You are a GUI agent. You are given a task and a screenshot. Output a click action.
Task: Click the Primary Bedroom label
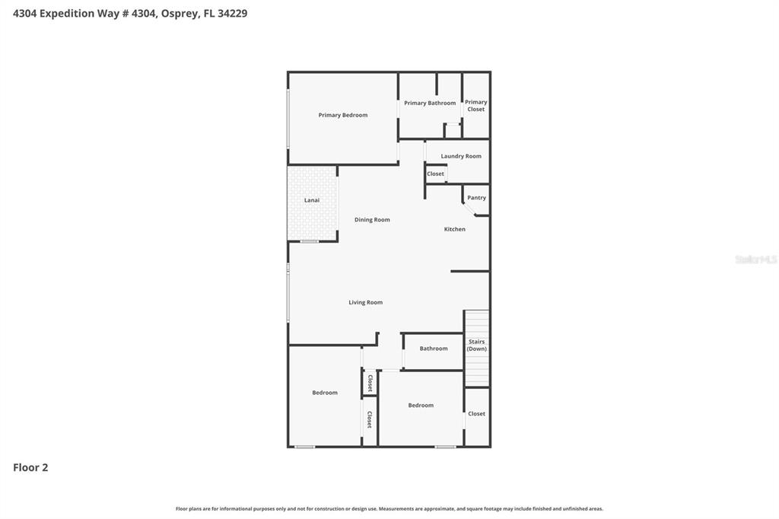coord(342,115)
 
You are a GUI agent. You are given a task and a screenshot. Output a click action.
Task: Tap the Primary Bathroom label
coord(430,103)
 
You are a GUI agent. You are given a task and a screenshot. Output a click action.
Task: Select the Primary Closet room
coord(476,106)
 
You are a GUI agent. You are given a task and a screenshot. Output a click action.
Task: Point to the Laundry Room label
coord(461,156)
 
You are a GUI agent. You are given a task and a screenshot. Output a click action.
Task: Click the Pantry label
coord(476,198)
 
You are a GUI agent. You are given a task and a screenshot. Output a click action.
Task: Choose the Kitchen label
coord(455,229)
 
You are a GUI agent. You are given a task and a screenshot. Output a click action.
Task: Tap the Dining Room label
coord(372,220)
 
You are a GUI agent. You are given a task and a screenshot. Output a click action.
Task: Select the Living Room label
coord(365,302)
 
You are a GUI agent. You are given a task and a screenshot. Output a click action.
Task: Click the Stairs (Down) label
coord(477,345)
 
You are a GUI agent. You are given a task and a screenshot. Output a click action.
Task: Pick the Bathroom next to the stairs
coord(434,349)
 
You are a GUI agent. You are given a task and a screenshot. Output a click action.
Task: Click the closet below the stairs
coord(477,414)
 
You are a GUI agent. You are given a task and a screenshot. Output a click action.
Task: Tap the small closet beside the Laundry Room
coord(435,174)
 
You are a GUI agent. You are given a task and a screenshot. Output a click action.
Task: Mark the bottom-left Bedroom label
coord(325,393)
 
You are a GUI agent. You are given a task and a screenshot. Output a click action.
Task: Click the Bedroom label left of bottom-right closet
coord(421,406)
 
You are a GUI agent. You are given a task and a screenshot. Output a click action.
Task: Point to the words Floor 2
coord(30,467)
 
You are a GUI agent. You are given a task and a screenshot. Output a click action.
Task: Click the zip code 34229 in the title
coord(232,13)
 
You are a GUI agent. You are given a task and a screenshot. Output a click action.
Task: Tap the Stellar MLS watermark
coord(755,259)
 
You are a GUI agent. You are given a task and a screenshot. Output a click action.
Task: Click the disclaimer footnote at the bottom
coord(389,508)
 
